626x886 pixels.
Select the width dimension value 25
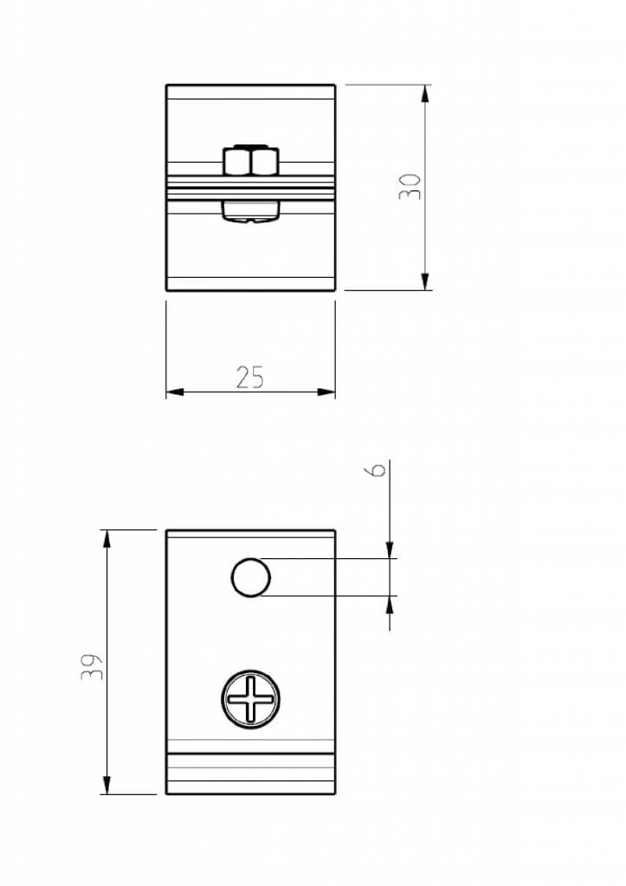(249, 377)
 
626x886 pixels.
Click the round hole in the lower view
(250, 577)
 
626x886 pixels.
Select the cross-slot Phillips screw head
(251, 699)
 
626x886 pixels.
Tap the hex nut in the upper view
(250, 160)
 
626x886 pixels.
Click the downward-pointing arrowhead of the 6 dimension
(390, 549)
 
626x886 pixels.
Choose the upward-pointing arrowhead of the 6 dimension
(390, 605)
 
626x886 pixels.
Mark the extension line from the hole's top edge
(329, 558)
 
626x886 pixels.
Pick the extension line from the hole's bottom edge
(329, 596)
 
